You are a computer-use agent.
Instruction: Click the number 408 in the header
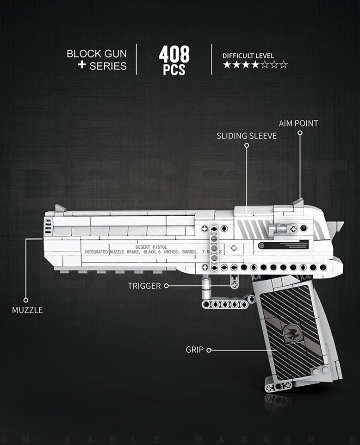point(174,54)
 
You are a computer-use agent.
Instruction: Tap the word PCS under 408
point(174,70)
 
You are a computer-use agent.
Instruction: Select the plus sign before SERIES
point(82,65)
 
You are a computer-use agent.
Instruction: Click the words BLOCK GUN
point(96,53)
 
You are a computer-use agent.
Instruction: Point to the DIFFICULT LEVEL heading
point(248,56)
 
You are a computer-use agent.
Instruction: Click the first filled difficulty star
point(227,65)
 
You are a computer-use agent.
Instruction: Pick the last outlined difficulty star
point(284,65)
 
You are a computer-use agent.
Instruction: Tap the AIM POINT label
point(298,123)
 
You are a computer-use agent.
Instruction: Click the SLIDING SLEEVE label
point(247,136)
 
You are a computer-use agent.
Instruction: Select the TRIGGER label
point(144,286)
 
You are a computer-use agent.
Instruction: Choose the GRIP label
point(194,350)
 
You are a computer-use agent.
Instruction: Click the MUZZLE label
point(27,310)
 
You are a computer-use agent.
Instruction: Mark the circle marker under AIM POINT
point(300,133)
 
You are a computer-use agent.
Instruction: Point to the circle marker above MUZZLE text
point(26,300)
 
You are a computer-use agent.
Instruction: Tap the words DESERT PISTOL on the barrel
point(152,247)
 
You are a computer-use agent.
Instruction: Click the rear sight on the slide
point(298,202)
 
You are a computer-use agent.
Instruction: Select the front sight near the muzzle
point(60,208)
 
